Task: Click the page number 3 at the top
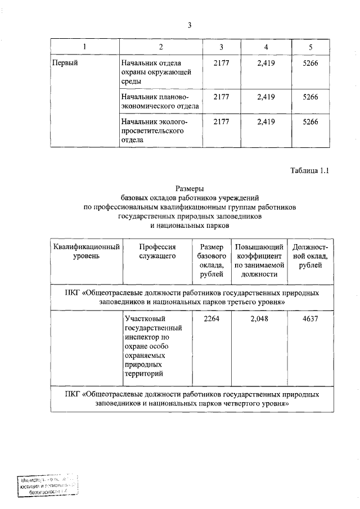190,25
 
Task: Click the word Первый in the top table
65,62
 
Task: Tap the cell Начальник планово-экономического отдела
156,102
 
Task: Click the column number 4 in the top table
265,46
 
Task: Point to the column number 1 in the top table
84,46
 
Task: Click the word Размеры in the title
190,189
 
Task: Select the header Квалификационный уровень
86,251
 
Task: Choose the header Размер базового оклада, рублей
211,260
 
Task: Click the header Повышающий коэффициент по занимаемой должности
259,260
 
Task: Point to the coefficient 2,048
259,319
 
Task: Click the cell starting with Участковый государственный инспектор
154,346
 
